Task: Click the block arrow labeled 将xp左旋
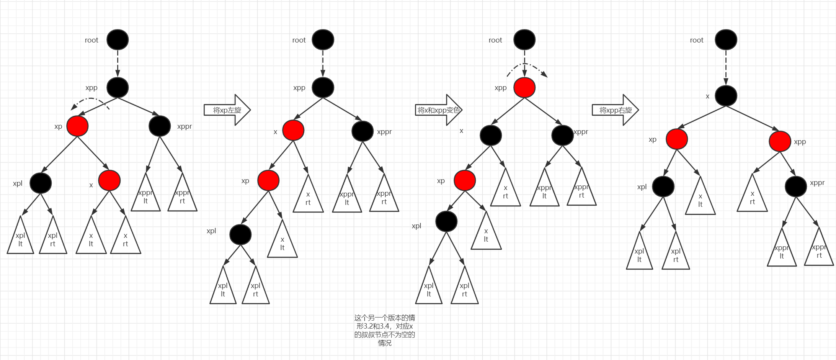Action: pos(227,110)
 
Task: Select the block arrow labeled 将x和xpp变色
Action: pos(439,110)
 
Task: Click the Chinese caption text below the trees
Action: pos(385,330)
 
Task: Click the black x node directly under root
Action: pos(726,96)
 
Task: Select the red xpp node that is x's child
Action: pos(780,141)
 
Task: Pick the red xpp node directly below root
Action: pos(524,88)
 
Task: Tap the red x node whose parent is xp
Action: pos(109,180)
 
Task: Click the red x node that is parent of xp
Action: pos(293,131)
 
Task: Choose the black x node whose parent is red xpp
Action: pos(491,135)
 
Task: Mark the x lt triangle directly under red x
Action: pos(91,237)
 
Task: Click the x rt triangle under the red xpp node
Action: pos(752,195)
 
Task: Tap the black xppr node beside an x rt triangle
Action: pos(796,187)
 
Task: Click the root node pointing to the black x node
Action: pos(726,40)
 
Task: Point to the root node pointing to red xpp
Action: pos(524,40)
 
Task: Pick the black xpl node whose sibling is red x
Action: pos(41,183)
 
